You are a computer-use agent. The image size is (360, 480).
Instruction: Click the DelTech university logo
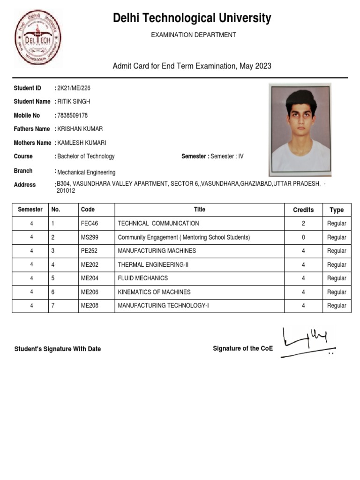(x=38, y=38)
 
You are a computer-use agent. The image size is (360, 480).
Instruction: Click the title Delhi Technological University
(x=192, y=18)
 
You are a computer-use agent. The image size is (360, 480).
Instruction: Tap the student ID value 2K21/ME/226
(x=74, y=88)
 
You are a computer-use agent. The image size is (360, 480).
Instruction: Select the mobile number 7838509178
(x=72, y=115)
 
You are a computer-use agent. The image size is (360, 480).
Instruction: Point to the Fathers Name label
(x=32, y=129)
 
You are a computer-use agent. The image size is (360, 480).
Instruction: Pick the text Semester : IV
(x=227, y=156)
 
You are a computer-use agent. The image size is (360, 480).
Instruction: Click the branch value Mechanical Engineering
(x=86, y=172)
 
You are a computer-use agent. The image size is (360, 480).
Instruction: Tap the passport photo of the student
(x=300, y=130)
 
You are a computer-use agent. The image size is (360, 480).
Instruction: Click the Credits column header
(x=303, y=210)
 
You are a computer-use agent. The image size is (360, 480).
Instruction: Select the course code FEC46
(x=90, y=224)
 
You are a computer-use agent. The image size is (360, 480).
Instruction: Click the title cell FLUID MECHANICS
(x=143, y=278)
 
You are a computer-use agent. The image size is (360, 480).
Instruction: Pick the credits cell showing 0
(x=303, y=238)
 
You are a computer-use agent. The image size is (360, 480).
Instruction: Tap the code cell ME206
(x=90, y=292)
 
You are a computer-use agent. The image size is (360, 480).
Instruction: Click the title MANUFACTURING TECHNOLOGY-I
(x=163, y=306)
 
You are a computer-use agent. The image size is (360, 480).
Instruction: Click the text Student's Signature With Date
(x=58, y=349)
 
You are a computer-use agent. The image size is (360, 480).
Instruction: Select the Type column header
(x=337, y=210)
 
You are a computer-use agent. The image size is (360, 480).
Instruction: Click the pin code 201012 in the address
(x=66, y=191)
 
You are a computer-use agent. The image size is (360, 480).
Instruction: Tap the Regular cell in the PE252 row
(x=337, y=251)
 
